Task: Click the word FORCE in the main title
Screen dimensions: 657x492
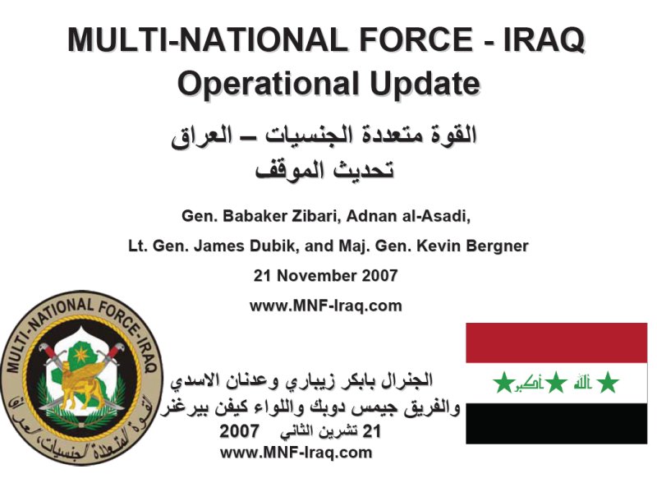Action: [416, 39]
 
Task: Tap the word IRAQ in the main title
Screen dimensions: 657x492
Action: [544, 40]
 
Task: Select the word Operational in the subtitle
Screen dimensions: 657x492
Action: [269, 84]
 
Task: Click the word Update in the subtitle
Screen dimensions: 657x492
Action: [425, 84]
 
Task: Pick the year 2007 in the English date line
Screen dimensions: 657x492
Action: [379, 275]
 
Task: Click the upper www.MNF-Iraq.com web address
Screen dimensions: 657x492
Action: [325, 306]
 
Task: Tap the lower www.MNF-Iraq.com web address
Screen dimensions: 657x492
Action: [296, 453]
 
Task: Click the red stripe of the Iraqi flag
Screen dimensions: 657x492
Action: [557, 343]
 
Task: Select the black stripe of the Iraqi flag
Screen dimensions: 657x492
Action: [557, 423]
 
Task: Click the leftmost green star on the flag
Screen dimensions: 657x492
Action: [503, 382]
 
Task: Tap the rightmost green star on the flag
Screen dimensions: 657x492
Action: [608, 382]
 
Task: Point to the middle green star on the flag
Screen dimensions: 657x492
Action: [556, 382]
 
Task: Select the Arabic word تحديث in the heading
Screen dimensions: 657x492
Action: [364, 170]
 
